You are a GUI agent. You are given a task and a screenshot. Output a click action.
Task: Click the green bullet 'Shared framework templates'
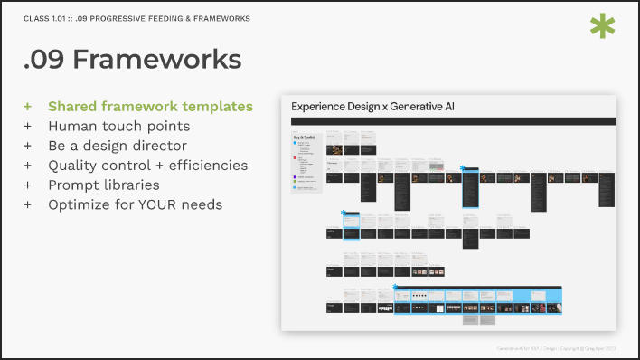(150, 106)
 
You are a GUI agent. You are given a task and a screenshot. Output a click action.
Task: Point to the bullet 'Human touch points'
(118, 126)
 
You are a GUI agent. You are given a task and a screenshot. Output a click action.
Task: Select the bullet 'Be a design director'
(118, 146)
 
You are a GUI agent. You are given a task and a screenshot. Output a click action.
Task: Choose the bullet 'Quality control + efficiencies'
(147, 165)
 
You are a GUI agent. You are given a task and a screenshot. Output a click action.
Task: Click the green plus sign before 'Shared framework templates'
(28, 106)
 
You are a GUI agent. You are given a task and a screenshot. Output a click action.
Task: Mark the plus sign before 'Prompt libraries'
(28, 185)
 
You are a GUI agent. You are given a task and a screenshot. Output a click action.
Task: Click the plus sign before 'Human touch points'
(28, 126)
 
